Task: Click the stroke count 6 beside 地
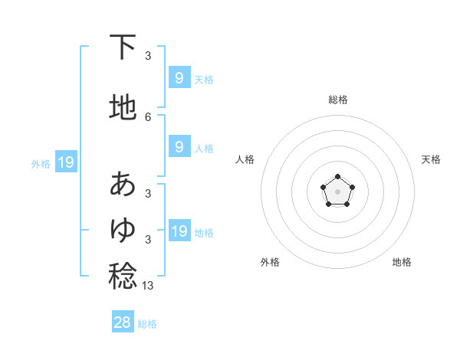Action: coord(148,117)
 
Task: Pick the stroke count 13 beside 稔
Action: coord(149,285)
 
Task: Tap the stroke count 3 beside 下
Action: coord(148,55)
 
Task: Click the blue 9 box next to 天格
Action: coord(179,77)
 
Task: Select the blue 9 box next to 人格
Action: coord(179,147)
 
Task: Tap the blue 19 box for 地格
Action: coord(179,231)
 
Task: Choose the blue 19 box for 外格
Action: coord(65,162)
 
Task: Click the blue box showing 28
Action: coord(123,322)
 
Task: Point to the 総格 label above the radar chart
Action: coord(338,100)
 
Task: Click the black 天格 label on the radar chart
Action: coord(431,159)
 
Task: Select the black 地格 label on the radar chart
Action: coord(402,263)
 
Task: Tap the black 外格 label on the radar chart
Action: coord(270,263)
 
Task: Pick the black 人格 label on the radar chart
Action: coord(245,159)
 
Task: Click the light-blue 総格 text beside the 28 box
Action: coord(147,324)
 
